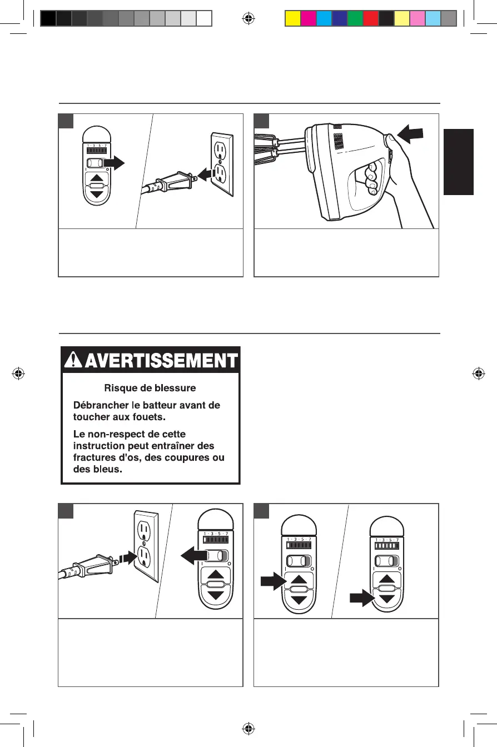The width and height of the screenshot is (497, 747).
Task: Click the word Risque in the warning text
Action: click(x=118, y=388)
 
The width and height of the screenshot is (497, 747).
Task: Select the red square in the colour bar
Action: click(x=370, y=19)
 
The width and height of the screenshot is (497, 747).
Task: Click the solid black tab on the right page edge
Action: click(x=459, y=162)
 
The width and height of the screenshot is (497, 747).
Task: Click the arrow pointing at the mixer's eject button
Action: click(x=411, y=133)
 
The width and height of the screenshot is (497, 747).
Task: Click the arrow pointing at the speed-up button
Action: click(x=272, y=582)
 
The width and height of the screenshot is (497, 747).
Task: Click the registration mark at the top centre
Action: click(x=248, y=19)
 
